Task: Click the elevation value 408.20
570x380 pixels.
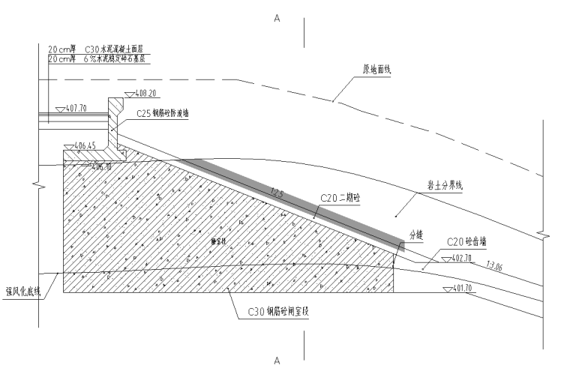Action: [x=145, y=94]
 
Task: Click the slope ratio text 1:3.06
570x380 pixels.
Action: [x=495, y=265]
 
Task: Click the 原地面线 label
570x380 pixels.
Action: [x=377, y=69]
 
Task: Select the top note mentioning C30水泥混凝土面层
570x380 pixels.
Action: [x=97, y=49]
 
